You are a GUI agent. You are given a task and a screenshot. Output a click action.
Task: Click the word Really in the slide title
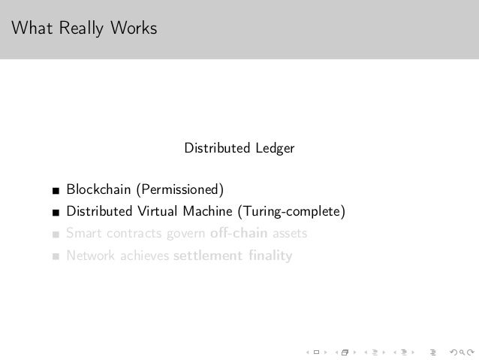click(80, 29)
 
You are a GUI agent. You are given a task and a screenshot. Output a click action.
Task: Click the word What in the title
click(31, 29)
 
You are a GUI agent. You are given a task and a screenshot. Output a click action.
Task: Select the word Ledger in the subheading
click(274, 149)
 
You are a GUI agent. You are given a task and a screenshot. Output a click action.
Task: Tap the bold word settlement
click(207, 256)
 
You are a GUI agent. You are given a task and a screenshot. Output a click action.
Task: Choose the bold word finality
click(270, 256)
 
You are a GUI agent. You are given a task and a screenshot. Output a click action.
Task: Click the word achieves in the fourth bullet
click(143, 256)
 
